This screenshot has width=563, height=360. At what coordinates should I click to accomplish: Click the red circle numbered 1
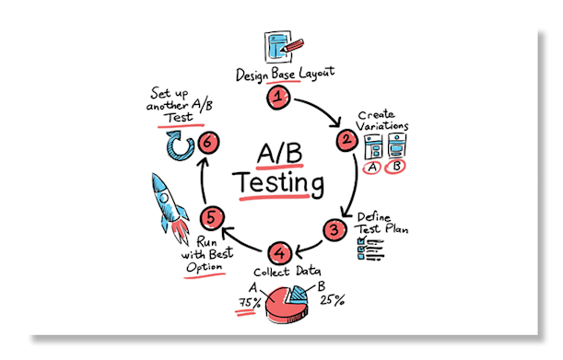point(278,96)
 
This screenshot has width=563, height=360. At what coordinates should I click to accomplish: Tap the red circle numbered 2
point(347,140)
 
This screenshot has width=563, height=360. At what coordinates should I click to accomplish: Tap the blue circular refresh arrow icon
point(177,145)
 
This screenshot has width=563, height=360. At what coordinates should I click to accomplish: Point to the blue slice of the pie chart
point(297,296)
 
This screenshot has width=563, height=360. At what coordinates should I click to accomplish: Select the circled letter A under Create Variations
point(372,168)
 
